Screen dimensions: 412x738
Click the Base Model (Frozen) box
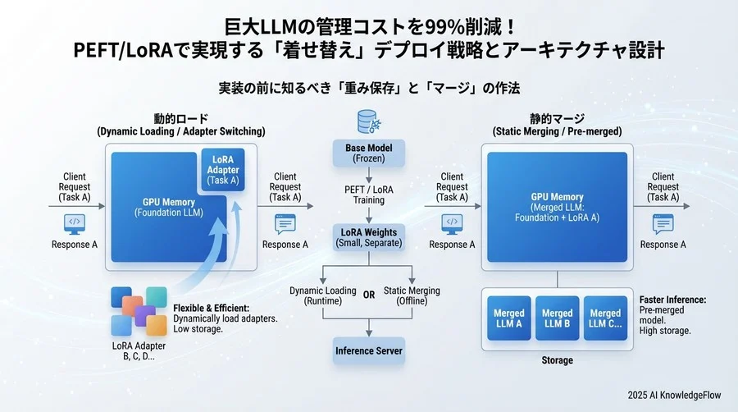click(368, 153)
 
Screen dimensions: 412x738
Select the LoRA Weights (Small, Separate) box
click(368, 237)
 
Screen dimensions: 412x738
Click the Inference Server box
click(368, 351)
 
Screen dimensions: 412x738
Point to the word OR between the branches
click(369, 296)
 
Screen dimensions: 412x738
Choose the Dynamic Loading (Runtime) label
click(323, 296)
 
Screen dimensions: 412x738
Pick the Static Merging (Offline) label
click(412, 296)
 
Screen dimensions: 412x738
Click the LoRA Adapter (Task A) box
click(222, 170)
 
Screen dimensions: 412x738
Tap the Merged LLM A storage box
click(509, 319)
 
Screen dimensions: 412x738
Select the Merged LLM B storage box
click(557, 319)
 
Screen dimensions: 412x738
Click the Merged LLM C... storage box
click(605, 319)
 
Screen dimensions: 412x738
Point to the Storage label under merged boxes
click(557, 360)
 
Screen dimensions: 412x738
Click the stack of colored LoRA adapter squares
click(139, 310)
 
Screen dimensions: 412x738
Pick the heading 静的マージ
click(557, 118)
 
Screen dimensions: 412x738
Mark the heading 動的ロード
click(180, 118)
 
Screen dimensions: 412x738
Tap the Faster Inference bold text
click(673, 299)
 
